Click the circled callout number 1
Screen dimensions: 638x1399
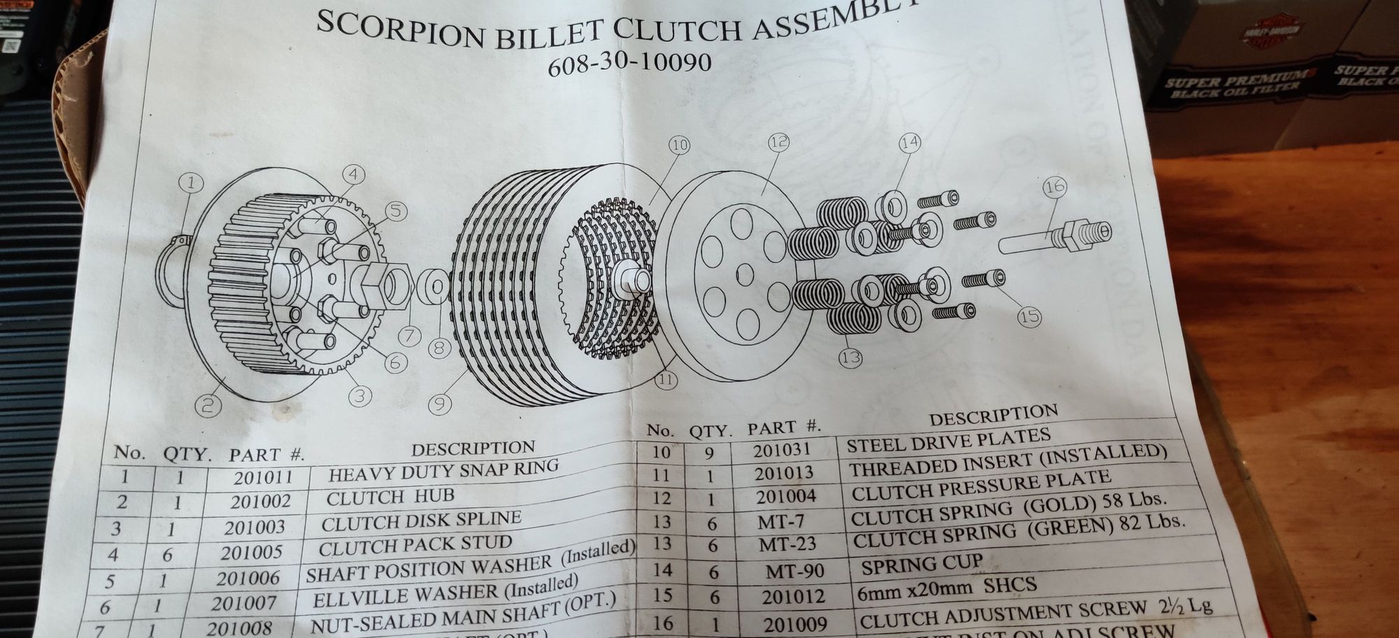click(191, 184)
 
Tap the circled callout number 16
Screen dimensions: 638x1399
click(1054, 187)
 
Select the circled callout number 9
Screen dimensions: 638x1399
click(441, 404)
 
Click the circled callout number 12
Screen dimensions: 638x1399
click(779, 143)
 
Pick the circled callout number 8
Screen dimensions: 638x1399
click(439, 348)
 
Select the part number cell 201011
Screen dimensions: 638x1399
click(262, 478)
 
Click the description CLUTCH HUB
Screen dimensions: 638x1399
click(390, 497)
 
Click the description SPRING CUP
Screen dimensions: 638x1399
click(922, 563)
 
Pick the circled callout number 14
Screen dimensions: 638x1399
click(909, 143)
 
